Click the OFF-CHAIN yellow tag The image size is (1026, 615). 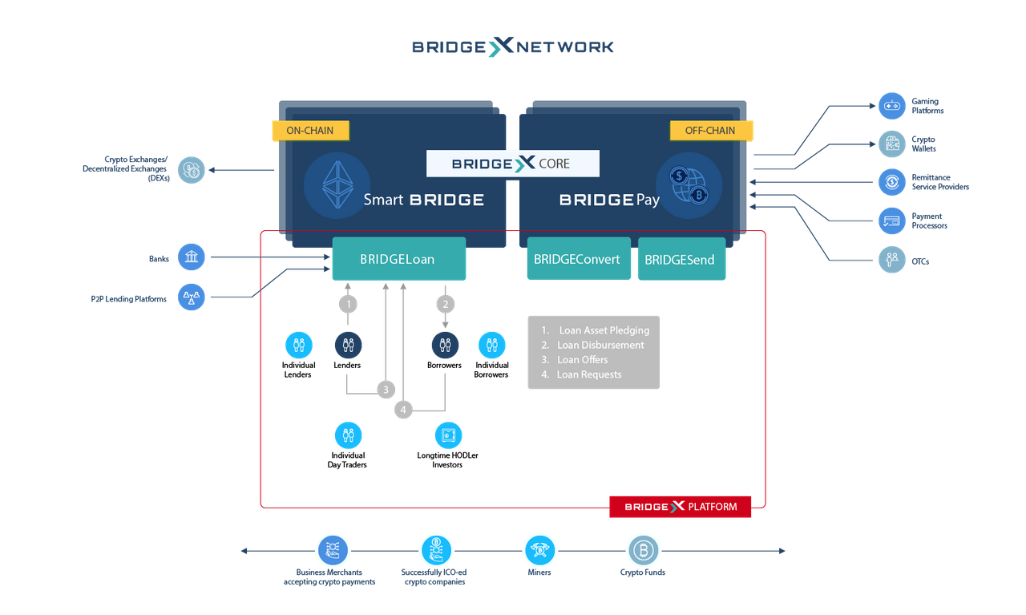point(710,130)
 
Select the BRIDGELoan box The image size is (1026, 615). point(398,259)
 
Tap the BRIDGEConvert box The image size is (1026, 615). point(578,259)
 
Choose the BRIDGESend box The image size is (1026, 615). point(681,259)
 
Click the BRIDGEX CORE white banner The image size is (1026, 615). point(512,164)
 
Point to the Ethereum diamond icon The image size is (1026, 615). point(337,185)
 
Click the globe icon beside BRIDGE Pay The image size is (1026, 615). point(689,185)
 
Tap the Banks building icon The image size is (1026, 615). point(192,257)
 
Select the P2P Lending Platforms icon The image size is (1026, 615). point(192,297)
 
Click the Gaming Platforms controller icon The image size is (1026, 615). point(891,105)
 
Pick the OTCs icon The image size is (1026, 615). point(891,260)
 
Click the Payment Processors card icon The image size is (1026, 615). point(891,221)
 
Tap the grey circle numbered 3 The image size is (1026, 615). point(386,390)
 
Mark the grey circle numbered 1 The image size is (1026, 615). point(347,304)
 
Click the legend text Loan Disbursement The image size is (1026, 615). point(600,345)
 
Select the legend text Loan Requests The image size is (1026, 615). point(588,374)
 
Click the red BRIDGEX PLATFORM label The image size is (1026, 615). point(680,506)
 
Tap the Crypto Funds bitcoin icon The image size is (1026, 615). point(642,551)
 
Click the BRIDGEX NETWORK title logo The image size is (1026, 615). point(513,47)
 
